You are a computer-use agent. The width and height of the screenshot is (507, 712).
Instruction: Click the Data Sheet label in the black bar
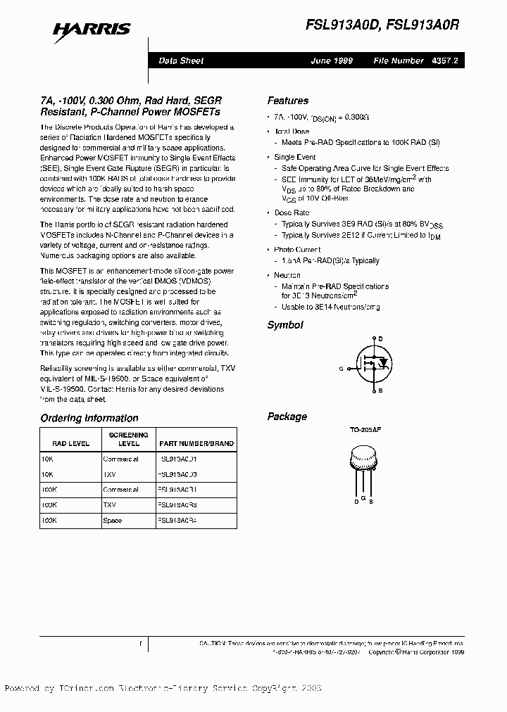pyautogui.click(x=181, y=61)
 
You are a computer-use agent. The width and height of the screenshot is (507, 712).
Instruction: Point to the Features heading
pyautogui.click(x=287, y=101)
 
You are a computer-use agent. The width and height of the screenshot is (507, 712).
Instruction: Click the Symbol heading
pyautogui.click(x=284, y=325)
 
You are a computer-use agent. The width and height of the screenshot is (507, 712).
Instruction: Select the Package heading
pyautogui.click(x=287, y=417)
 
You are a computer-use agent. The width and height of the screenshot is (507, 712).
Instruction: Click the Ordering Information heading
pyautogui.click(x=89, y=418)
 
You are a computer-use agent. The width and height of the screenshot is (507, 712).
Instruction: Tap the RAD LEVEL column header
pyautogui.click(x=70, y=444)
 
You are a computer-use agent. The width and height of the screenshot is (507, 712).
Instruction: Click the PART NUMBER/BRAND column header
pyautogui.click(x=196, y=444)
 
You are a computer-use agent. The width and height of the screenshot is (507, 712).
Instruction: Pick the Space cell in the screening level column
pyautogui.click(x=113, y=521)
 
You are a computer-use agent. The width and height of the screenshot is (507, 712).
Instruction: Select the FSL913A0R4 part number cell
pyautogui.click(x=177, y=521)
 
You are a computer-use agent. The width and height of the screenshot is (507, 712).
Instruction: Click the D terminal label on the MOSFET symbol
pyautogui.click(x=381, y=339)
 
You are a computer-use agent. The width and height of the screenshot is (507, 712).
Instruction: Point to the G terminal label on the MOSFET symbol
pyautogui.click(x=341, y=368)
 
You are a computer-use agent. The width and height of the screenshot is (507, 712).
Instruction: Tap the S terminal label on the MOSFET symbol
pyautogui.click(x=381, y=389)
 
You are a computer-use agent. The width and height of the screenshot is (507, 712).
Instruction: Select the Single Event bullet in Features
pyautogui.click(x=295, y=157)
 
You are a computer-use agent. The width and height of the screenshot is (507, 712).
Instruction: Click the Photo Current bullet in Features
pyautogui.click(x=297, y=250)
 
